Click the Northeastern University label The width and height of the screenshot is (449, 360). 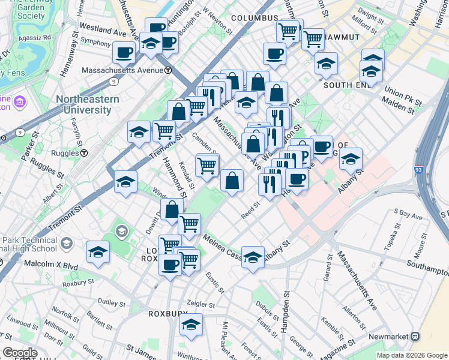coord(83,105)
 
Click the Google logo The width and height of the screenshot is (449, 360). coord(20,353)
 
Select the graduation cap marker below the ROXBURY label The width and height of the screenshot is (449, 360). coord(191,325)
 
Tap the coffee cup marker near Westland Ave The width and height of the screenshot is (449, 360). coord(124,52)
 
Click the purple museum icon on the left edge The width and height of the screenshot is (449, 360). coord(19,101)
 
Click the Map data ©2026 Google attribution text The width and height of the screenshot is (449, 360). coord(411,355)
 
